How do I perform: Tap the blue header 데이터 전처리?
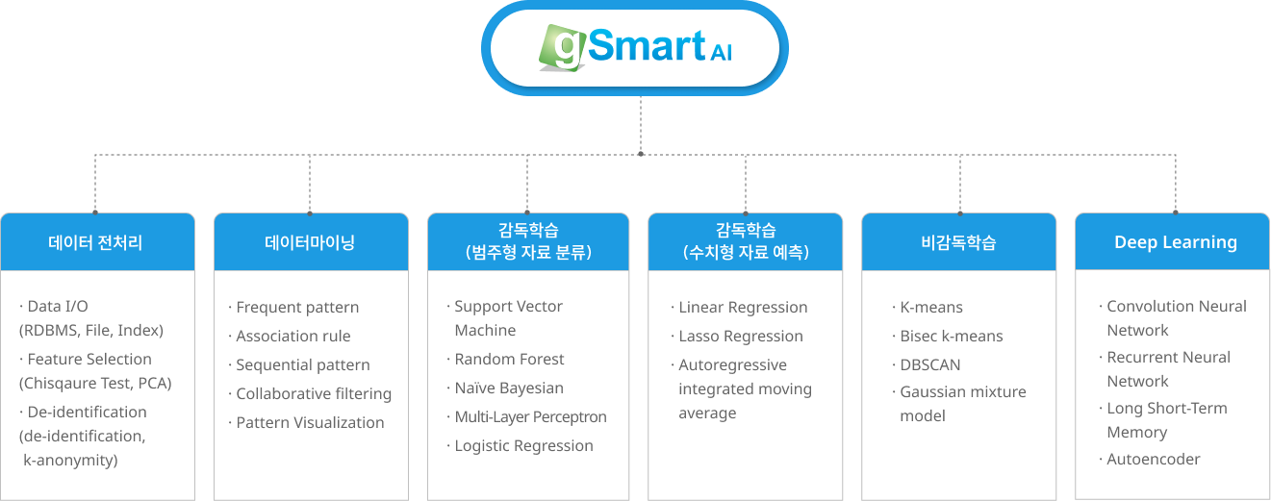click(96, 242)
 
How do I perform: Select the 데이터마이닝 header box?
click(310, 242)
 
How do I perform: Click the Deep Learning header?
click(1175, 242)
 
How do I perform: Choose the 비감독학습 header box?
click(958, 242)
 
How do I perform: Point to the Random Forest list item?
click(509, 360)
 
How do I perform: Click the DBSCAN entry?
click(929, 365)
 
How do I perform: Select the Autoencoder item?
click(1153, 460)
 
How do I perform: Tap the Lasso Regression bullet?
click(740, 337)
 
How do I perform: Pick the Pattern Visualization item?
click(310, 423)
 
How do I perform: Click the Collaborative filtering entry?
click(314, 394)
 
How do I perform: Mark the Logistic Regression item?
click(523, 446)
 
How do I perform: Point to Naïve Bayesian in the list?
click(509, 388)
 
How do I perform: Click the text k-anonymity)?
click(70, 461)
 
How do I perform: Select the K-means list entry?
click(930, 308)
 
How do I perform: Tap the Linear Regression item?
click(743, 308)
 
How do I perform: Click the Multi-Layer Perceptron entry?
click(530, 417)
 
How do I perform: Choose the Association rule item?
click(292, 337)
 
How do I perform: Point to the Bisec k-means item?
click(951, 337)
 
